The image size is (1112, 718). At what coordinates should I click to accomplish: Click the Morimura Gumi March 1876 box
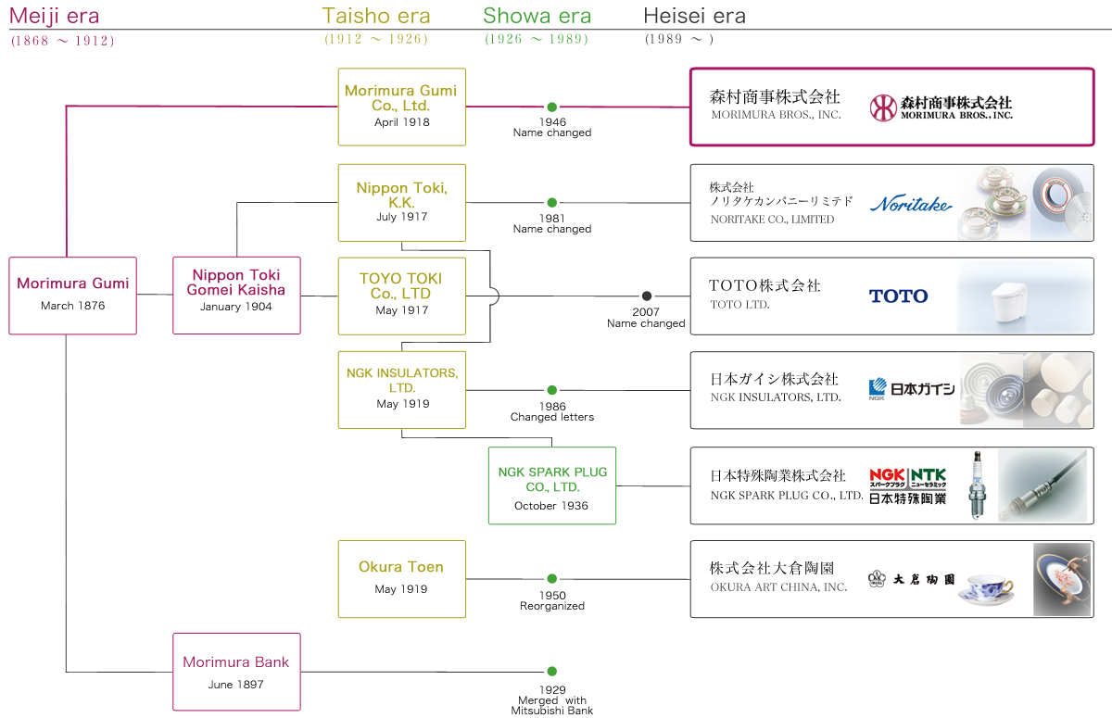click(x=72, y=295)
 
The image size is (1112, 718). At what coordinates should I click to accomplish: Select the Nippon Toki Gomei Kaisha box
click(x=236, y=295)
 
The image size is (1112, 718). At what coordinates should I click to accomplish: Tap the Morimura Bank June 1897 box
click(x=236, y=672)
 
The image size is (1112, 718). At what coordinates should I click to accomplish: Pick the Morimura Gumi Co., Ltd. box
click(x=401, y=107)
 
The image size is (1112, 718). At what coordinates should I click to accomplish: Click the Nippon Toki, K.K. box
click(x=401, y=202)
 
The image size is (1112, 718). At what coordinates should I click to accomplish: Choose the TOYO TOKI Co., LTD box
click(x=401, y=295)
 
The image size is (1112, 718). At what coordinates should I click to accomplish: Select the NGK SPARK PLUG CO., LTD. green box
click(x=552, y=485)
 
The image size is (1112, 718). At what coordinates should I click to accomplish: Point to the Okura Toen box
click(x=401, y=578)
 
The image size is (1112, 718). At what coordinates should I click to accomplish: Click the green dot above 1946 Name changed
click(x=552, y=107)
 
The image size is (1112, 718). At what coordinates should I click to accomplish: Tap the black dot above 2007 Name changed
click(x=647, y=296)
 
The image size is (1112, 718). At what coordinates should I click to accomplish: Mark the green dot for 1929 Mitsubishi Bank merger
click(x=552, y=672)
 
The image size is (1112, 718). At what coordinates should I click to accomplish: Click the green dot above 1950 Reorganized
click(x=552, y=579)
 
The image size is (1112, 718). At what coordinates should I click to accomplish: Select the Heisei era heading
click(x=694, y=16)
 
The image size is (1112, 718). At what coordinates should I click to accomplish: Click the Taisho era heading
click(x=376, y=16)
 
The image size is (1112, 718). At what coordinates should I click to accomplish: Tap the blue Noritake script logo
click(x=911, y=204)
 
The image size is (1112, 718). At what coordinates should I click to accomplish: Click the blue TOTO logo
click(x=898, y=296)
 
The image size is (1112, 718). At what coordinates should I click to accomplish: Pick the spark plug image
click(x=976, y=485)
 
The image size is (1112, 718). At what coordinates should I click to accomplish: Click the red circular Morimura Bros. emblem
click(x=883, y=107)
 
